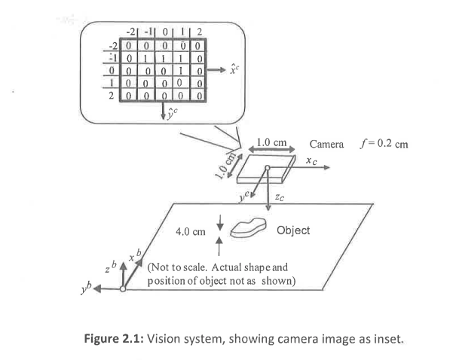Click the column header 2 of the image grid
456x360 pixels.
(199, 32)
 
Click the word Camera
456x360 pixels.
(327, 143)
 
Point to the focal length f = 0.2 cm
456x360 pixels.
(384, 143)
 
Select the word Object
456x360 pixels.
(294, 230)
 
